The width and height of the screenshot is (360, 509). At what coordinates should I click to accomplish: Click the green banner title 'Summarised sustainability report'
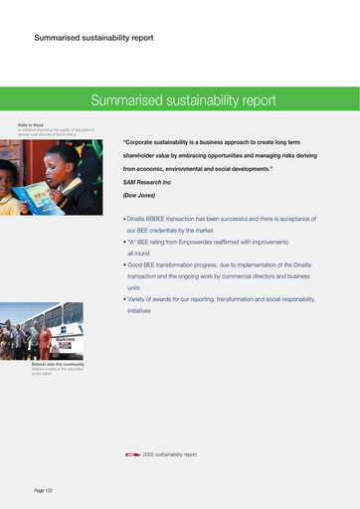[x=183, y=100]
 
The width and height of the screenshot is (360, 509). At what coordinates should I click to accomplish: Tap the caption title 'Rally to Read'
[x=32, y=125]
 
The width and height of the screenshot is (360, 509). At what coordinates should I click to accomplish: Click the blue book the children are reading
[x=39, y=197]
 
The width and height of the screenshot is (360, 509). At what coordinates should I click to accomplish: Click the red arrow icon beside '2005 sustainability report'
[x=132, y=454]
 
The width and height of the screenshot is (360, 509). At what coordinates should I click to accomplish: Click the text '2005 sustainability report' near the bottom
[x=170, y=454]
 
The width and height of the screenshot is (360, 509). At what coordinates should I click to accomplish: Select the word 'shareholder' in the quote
[x=145, y=157]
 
